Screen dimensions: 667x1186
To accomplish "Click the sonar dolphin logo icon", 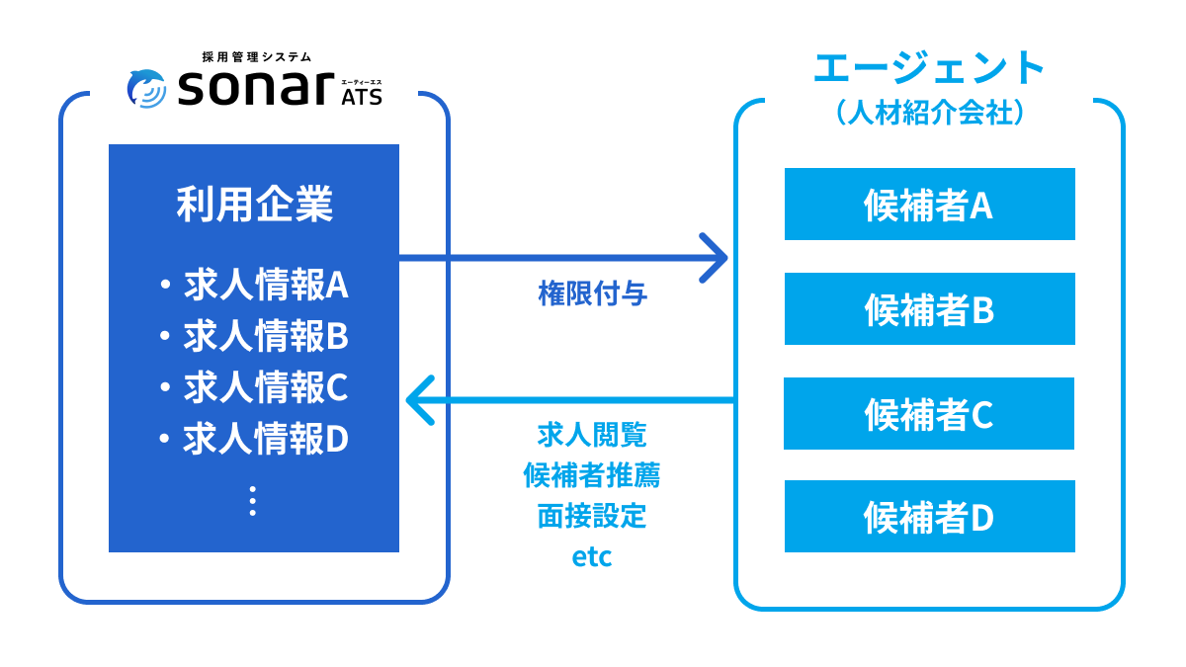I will (x=146, y=89).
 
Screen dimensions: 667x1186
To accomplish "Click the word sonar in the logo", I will (x=255, y=90).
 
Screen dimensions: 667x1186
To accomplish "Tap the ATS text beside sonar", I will (x=361, y=97).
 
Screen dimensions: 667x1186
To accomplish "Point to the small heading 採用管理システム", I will (x=257, y=57).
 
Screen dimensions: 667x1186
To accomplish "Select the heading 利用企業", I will (x=254, y=205).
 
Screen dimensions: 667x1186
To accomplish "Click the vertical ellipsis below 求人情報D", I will (x=253, y=500).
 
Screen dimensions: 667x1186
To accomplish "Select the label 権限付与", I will (x=592, y=293).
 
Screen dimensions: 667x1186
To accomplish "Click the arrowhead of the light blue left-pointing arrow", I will (x=419, y=400).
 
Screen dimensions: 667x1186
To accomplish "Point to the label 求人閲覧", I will (x=592, y=435).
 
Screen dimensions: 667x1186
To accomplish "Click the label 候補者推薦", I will (x=592, y=475).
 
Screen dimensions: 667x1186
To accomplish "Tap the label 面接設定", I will (x=592, y=516).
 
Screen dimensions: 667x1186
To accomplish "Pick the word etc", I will (x=592, y=557).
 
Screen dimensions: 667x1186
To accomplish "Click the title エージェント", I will (x=929, y=69).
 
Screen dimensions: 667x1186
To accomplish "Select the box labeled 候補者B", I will (x=929, y=309).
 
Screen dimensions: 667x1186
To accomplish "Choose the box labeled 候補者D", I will (x=929, y=517).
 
